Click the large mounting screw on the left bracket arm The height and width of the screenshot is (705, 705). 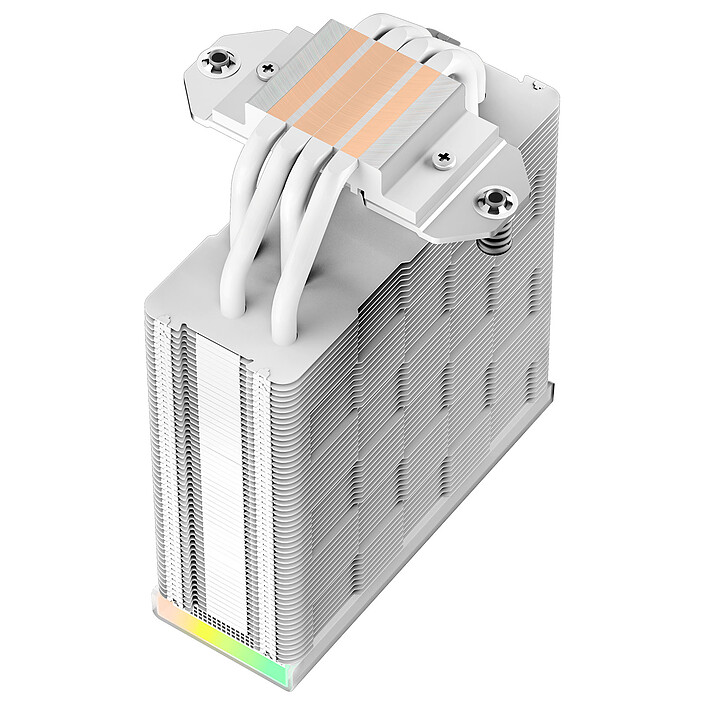218,61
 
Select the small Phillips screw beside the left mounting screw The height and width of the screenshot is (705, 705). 265,71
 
